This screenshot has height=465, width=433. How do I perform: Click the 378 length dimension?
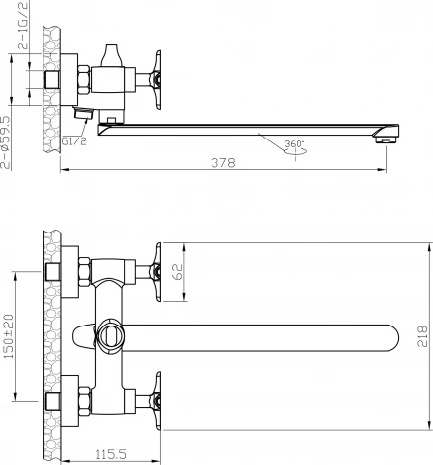(x=223, y=163)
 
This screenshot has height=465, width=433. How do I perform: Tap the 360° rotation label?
(x=295, y=144)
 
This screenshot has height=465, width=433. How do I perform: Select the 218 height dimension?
(x=422, y=336)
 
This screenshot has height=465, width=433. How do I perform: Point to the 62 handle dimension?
(x=178, y=272)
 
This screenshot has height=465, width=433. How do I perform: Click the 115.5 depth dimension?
(x=111, y=455)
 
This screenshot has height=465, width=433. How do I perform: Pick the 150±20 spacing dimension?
(x=8, y=336)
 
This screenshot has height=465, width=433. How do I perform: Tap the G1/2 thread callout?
(x=74, y=141)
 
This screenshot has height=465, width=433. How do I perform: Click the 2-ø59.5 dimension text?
(x=6, y=142)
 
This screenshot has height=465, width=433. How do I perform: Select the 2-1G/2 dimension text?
(x=23, y=25)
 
